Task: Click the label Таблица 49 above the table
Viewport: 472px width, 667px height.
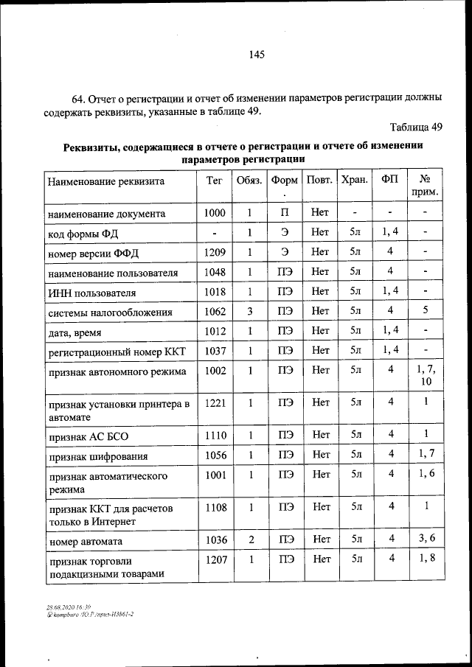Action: pos(416,127)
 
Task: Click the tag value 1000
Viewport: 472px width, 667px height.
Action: pos(214,213)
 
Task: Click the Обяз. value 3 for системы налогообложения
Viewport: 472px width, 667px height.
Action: pos(251,312)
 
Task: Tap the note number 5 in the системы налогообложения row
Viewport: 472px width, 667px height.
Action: pos(426,311)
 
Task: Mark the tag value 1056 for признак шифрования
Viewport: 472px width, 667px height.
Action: pos(214,455)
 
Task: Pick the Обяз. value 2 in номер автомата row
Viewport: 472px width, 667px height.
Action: pos(251,539)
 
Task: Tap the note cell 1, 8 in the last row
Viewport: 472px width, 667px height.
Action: pos(426,559)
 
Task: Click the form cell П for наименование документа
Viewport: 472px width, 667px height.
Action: pos(285,213)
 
